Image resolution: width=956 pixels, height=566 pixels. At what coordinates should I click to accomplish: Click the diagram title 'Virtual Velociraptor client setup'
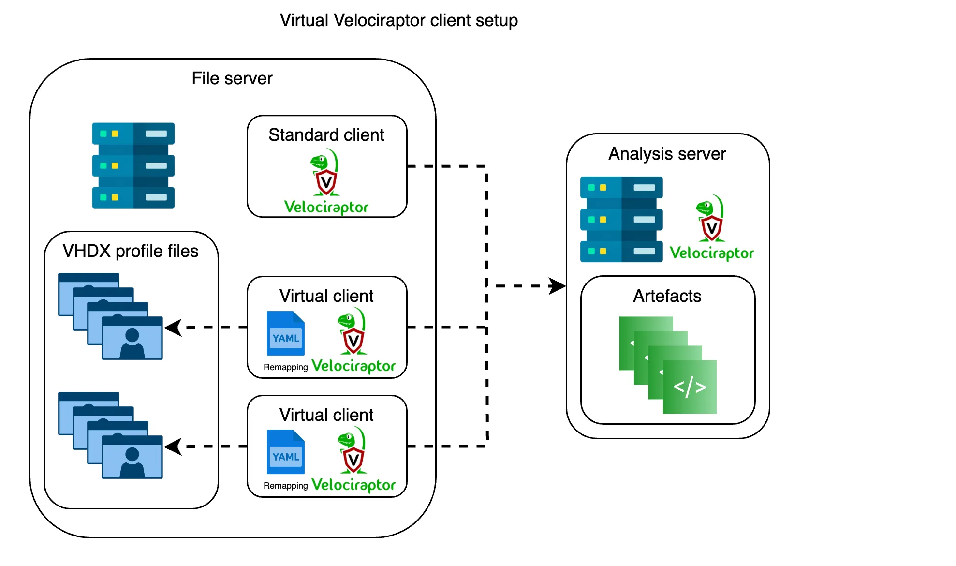pyautogui.click(x=398, y=20)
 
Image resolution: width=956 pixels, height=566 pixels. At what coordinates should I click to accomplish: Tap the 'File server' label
pyautogui.click(x=232, y=78)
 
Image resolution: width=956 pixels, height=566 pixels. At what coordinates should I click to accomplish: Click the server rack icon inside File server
pyautogui.click(x=133, y=165)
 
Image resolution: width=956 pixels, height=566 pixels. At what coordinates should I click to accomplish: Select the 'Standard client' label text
pyautogui.click(x=326, y=135)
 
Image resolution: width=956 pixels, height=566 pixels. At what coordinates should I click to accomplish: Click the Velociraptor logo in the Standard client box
pyautogui.click(x=326, y=181)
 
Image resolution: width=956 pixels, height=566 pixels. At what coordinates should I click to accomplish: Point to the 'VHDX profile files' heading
pyautogui.click(x=131, y=251)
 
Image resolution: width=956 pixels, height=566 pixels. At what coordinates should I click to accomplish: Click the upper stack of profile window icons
pyautogui.click(x=110, y=316)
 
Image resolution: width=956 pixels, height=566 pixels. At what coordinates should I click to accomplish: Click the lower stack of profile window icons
pyautogui.click(x=110, y=435)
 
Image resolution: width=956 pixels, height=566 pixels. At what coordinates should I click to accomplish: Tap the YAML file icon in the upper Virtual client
pyautogui.click(x=286, y=333)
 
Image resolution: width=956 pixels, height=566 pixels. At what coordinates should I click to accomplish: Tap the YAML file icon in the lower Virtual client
pyautogui.click(x=286, y=452)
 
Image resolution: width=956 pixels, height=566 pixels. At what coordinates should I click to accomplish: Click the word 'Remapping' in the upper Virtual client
pyautogui.click(x=285, y=367)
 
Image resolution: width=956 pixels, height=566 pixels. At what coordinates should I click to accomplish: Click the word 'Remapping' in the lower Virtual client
pyautogui.click(x=285, y=486)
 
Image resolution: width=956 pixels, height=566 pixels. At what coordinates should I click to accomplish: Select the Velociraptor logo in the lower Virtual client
pyautogui.click(x=353, y=460)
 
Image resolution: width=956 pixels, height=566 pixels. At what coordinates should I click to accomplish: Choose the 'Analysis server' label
pyautogui.click(x=667, y=154)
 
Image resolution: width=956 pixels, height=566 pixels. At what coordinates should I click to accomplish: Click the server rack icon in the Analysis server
pyautogui.click(x=621, y=219)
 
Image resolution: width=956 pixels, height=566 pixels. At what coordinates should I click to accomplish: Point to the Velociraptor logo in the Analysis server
pyautogui.click(x=711, y=227)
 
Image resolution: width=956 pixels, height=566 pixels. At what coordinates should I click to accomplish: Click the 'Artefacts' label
pyautogui.click(x=667, y=296)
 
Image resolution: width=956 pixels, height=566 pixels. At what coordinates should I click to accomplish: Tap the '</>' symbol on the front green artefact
pyautogui.click(x=690, y=387)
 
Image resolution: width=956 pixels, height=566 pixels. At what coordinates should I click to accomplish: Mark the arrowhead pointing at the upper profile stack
pyautogui.click(x=173, y=328)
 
